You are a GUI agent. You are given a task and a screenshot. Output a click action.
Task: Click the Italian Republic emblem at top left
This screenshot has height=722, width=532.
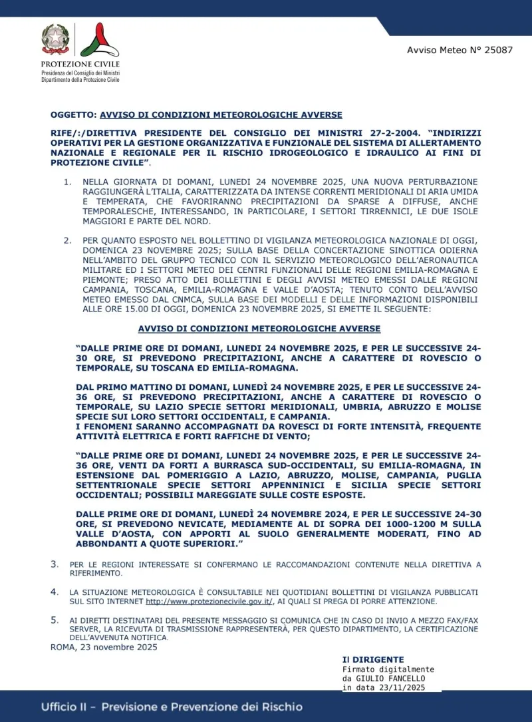tap(56, 39)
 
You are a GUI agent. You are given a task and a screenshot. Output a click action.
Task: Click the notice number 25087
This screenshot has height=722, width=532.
tap(498, 51)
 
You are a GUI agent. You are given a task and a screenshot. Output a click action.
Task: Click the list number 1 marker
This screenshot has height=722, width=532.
tap(67, 182)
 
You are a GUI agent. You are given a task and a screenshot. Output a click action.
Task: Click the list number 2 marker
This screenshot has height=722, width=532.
tap(67, 239)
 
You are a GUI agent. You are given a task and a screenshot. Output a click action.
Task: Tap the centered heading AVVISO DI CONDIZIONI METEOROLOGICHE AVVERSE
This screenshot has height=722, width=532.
tap(259, 329)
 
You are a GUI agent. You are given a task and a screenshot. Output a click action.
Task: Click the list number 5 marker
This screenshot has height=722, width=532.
tap(55, 620)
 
